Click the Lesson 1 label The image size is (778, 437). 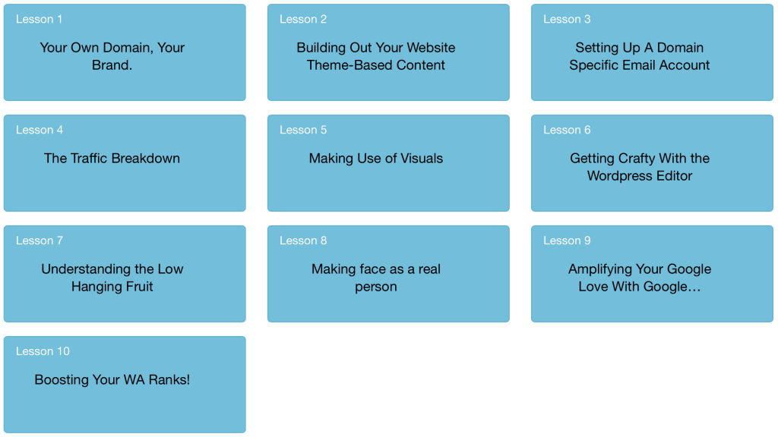(x=40, y=19)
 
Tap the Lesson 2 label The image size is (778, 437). (x=303, y=19)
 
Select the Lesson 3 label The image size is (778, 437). (x=567, y=19)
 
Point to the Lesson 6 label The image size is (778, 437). (x=567, y=130)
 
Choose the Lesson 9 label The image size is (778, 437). (x=567, y=241)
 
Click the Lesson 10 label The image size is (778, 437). (x=43, y=351)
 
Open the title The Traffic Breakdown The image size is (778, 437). (x=112, y=159)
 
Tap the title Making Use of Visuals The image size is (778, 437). (x=375, y=159)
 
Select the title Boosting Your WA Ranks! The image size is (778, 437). (x=112, y=380)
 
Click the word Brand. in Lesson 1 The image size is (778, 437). (x=112, y=65)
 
